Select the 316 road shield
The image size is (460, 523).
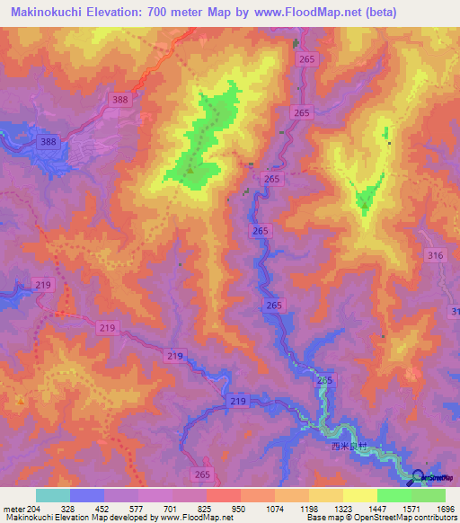tap(436, 256)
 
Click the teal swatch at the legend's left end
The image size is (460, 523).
tap(53, 495)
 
